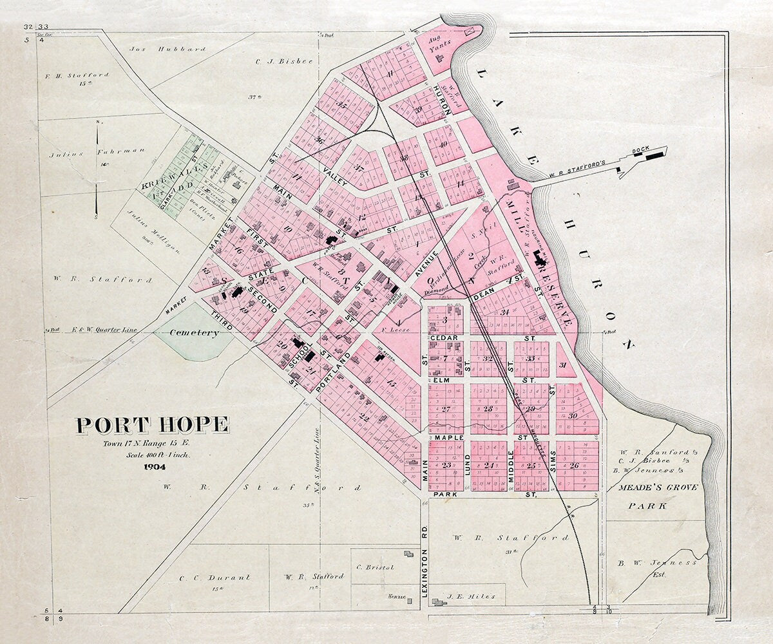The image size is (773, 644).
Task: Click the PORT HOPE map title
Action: [x=152, y=426]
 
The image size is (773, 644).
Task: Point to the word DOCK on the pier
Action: [x=640, y=150]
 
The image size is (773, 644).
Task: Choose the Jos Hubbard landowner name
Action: [x=167, y=48]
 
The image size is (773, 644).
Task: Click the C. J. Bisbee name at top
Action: [x=274, y=62]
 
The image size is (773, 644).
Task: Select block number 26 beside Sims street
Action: [x=574, y=466]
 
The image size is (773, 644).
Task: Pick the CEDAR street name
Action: [x=443, y=337]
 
